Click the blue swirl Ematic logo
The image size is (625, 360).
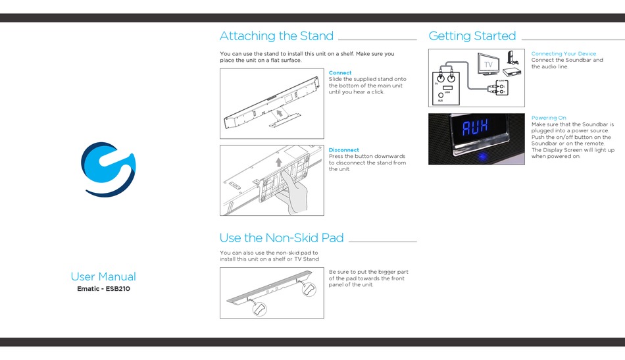click(108, 169)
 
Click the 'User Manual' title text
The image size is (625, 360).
click(103, 276)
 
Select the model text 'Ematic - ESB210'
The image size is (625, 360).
click(104, 289)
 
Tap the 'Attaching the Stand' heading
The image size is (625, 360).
click(276, 36)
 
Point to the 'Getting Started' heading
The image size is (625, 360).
click(472, 36)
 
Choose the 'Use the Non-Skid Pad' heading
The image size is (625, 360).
click(282, 238)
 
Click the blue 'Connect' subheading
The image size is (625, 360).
click(340, 72)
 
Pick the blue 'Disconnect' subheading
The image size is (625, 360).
click(344, 150)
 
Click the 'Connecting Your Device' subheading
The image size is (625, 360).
click(564, 53)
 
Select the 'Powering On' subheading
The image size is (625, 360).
click(549, 118)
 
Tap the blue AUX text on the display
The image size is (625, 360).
click(475, 128)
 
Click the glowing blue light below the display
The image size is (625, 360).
click(482, 156)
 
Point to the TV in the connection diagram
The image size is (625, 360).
click(488, 64)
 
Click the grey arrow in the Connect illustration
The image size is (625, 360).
click(280, 113)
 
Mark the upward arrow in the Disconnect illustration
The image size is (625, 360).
click(279, 162)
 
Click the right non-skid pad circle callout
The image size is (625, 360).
click(309, 289)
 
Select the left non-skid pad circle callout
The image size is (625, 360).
click(259, 309)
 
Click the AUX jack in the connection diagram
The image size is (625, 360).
click(440, 95)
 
